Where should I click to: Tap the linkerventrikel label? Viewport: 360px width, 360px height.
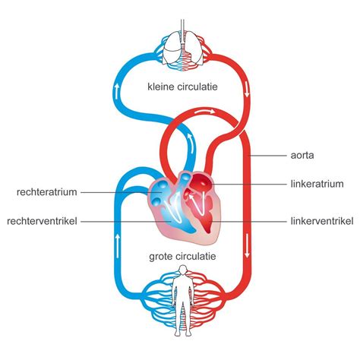(x=317, y=221)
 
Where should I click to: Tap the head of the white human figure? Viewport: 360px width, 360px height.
(x=180, y=279)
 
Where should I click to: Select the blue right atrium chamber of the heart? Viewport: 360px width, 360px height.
(x=162, y=190)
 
